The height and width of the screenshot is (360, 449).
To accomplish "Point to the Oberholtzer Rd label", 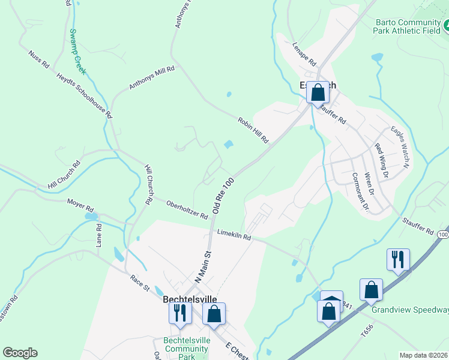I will tap(187, 209).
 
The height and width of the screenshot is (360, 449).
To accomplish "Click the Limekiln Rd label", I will tap(234, 235).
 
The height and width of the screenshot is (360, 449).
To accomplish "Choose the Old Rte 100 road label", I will tap(223, 196).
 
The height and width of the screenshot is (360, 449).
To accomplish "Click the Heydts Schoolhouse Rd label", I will tap(85, 95).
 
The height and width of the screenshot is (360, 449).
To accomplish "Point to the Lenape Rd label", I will tap(304, 55).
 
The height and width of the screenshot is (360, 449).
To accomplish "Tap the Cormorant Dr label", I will tap(360, 191).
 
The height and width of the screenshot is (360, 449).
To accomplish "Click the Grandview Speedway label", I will tap(410, 310).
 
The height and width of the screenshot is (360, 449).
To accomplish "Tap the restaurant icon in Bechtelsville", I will tap(179, 313).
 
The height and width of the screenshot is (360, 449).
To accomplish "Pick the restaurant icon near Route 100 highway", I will tap(398, 259).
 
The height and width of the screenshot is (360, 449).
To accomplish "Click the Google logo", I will tap(20, 353).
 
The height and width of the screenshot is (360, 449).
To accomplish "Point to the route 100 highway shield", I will tap(443, 234).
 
